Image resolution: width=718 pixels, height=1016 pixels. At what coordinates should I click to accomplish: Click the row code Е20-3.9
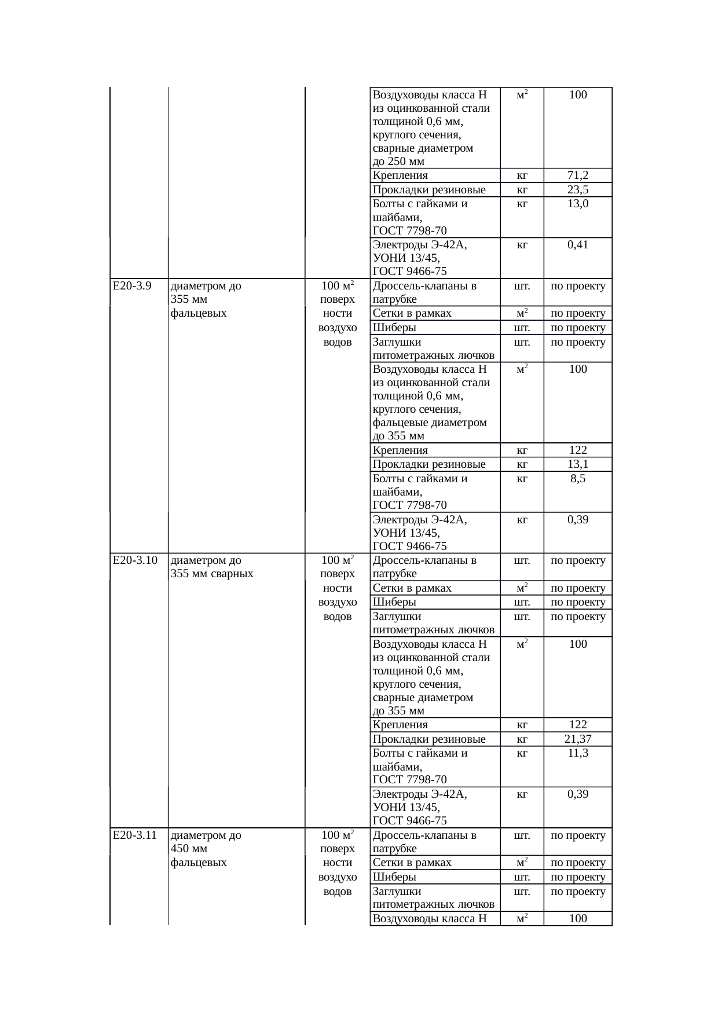coord(132,285)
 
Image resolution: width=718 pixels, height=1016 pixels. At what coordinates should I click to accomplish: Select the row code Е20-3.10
coord(135,560)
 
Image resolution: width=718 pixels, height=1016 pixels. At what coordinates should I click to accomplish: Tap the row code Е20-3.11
coord(135,835)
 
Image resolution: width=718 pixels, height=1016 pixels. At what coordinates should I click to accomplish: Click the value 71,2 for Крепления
coord(577,175)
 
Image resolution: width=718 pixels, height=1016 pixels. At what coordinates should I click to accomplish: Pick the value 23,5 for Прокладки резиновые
coord(577,190)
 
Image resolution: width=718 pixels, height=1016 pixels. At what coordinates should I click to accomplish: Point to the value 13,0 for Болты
coord(577,204)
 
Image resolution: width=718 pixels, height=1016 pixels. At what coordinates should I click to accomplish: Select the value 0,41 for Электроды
coord(577,244)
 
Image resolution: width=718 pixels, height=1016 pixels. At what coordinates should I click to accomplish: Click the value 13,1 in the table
coord(577,464)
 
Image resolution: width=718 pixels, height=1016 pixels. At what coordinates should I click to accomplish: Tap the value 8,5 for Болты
coord(577,479)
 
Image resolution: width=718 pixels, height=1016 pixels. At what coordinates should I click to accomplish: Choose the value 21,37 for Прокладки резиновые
coord(577,739)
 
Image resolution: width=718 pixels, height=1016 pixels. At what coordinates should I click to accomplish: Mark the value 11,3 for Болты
coord(577,753)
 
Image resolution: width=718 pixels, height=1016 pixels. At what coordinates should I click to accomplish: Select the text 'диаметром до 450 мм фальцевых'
coord(206,849)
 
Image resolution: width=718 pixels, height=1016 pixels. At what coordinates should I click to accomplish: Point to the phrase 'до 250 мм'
coord(398,162)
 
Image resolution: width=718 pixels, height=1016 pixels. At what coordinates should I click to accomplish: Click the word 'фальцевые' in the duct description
coord(398,423)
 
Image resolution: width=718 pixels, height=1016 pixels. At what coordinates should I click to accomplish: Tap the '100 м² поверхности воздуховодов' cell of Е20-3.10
coord(337,588)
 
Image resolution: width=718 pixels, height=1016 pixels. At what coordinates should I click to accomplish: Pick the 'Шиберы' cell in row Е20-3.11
coord(394,877)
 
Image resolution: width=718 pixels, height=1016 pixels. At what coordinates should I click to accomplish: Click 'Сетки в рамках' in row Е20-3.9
coord(412,313)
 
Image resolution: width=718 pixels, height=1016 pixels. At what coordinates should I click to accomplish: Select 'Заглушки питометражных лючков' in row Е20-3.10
coord(433,623)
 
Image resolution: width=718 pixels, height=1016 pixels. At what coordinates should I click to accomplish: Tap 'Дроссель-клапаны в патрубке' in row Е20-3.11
coord(424,842)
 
